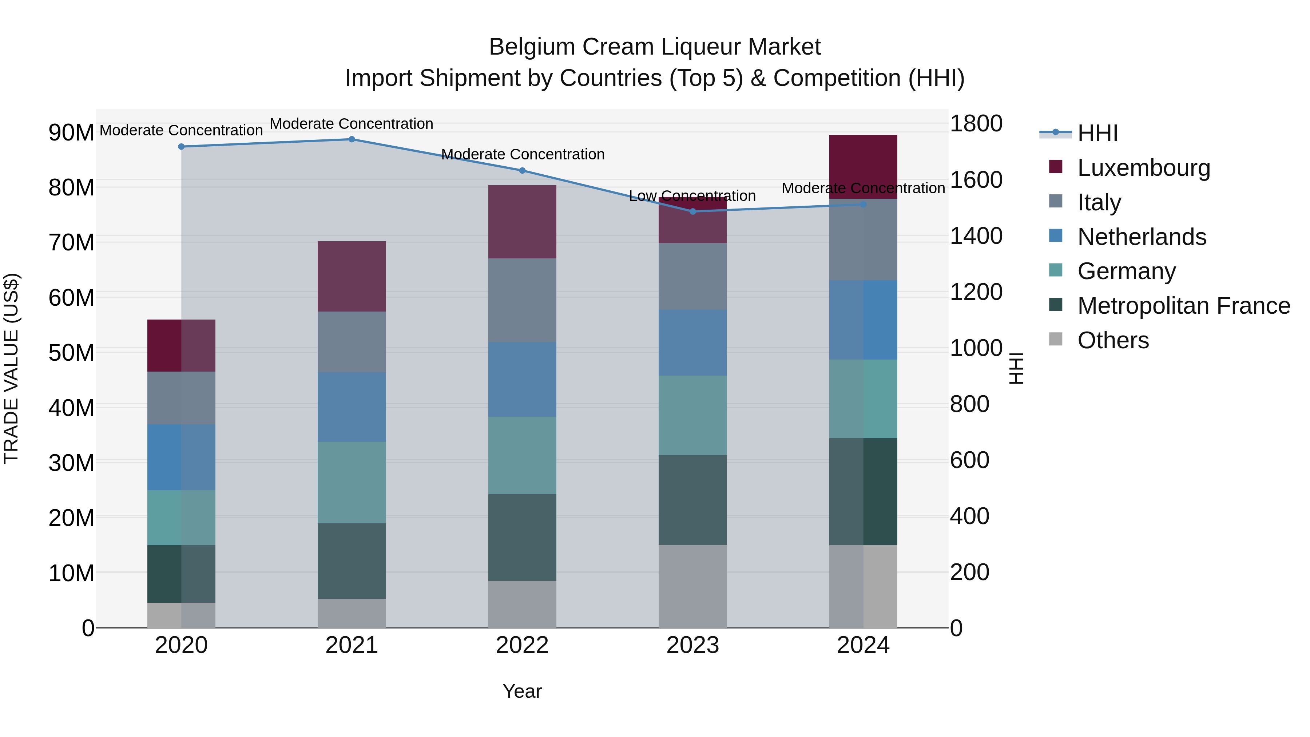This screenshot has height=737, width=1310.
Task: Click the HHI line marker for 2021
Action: coord(352,139)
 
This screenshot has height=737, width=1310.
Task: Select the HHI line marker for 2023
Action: coord(692,211)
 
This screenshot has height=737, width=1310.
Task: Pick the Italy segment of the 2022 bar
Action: coord(522,300)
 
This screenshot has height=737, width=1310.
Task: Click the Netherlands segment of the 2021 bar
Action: coord(352,407)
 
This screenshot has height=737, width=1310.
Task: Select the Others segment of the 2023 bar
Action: coord(692,586)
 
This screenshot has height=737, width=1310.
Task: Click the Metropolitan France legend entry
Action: coord(1183,306)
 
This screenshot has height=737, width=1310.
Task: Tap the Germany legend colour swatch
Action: coord(1056,270)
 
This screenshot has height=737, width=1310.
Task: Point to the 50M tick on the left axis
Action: coord(71,352)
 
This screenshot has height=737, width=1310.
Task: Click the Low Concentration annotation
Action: coord(692,196)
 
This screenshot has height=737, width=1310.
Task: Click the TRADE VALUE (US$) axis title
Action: coord(12,368)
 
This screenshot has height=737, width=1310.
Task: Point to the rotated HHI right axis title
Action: coord(1016,368)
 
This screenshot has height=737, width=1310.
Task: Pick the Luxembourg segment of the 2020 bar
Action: coord(181,345)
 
